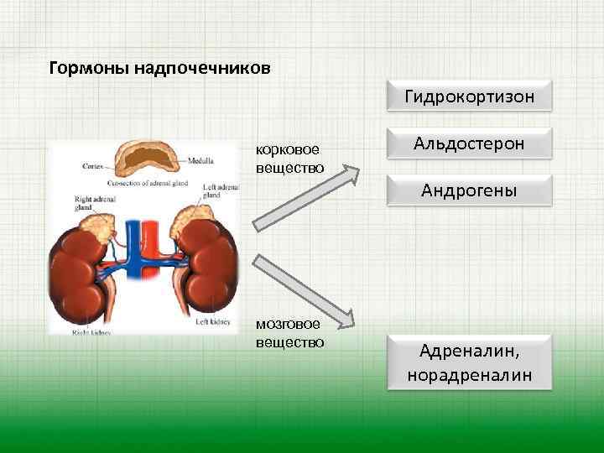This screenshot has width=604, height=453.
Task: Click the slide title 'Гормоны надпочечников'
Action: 160,67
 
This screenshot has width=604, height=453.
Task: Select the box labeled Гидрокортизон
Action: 469,96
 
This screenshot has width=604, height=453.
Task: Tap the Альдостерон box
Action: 469,143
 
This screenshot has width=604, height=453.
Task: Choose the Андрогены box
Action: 469,191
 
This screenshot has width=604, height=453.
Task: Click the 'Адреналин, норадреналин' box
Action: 469,362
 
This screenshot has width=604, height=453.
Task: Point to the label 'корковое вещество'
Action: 289,158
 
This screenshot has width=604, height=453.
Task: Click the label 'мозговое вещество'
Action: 289,334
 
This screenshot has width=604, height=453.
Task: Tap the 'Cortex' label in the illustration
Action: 92,165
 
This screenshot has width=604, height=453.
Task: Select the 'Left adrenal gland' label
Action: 220,191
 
